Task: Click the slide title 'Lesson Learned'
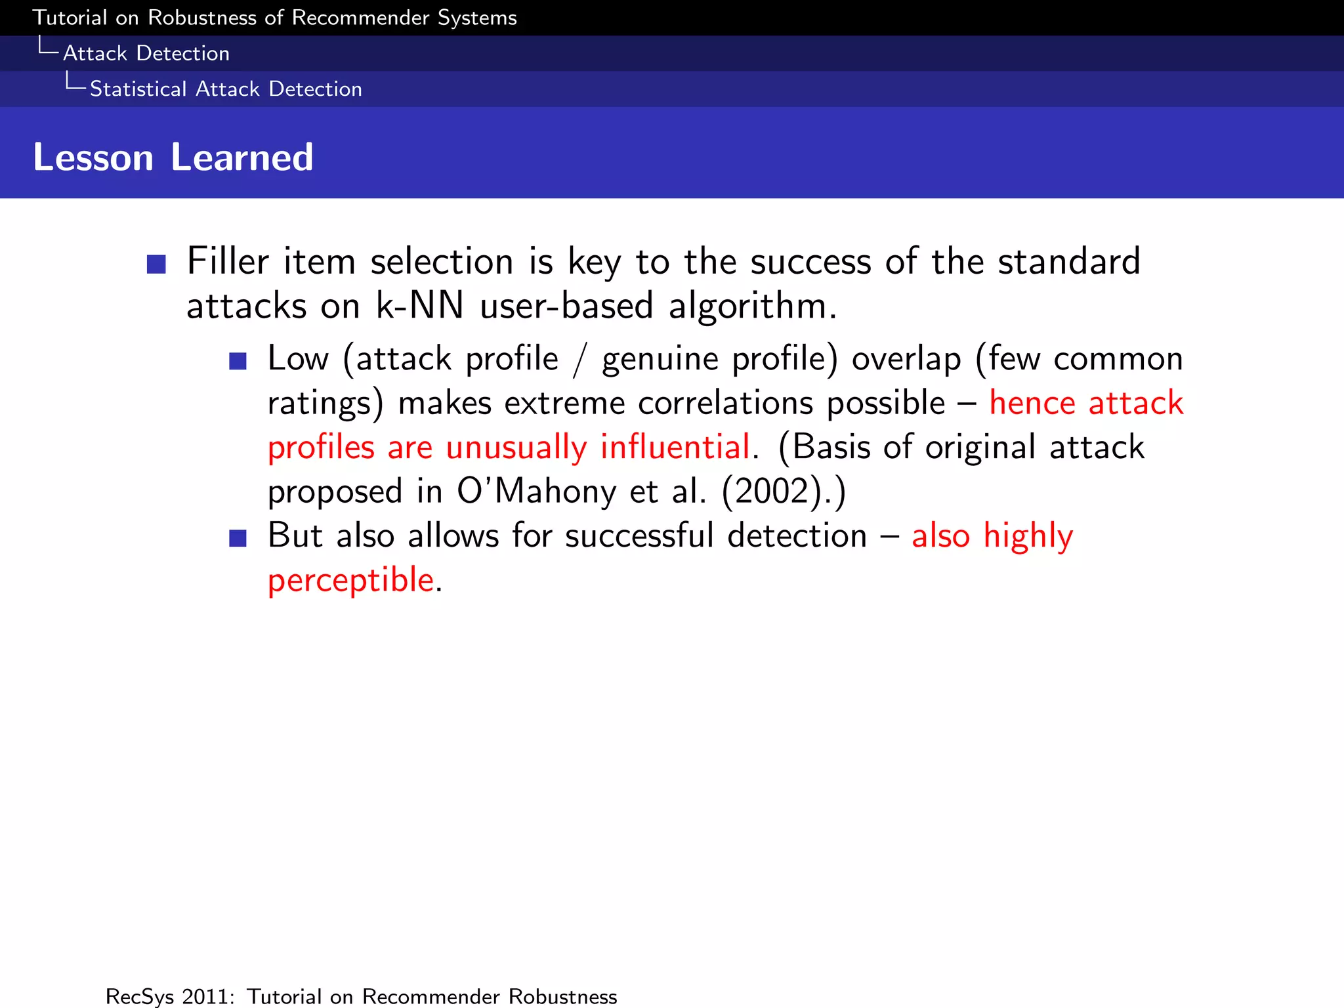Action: point(173,157)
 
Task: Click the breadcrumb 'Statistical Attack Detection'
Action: point(226,89)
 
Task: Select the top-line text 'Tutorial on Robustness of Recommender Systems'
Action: point(274,18)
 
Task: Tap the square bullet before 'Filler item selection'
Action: point(156,264)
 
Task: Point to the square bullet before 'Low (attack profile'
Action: point(238,361)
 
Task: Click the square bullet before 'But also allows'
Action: point(238,538)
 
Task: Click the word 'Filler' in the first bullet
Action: point(227,261)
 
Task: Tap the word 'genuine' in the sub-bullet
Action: point(659,360)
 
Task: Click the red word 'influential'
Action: point(675,448)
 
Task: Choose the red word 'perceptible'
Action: point(350,580)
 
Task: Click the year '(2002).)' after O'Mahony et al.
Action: point(784,492)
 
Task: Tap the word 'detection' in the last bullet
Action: point(797,535)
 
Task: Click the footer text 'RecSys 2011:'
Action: point(170,996)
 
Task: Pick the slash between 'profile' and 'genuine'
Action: point(579,360)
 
